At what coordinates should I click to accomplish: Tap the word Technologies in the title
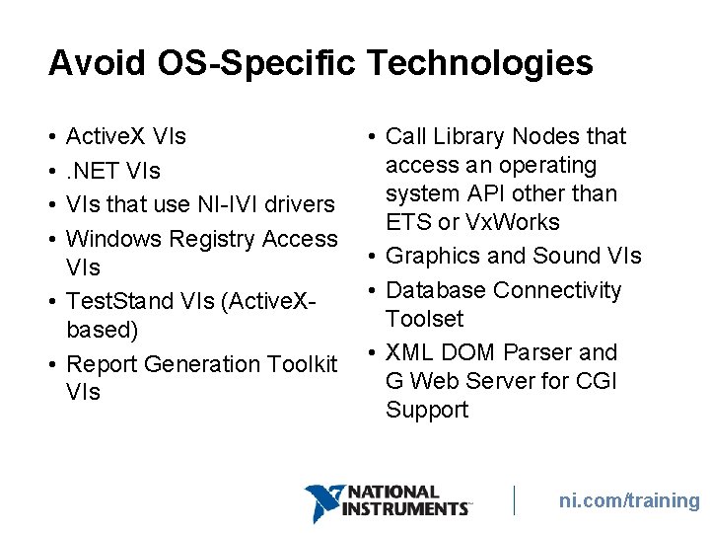(x=480, y=63)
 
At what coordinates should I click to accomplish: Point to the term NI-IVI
(x=227, y=205)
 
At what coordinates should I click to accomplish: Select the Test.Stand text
(x=113, y=300)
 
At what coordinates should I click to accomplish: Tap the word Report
(x=102, y=364)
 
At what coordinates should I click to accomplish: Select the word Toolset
(x=425, y=319)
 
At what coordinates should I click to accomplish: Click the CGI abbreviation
(x=595, y=381)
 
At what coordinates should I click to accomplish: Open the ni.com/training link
(x=628, y=501)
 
